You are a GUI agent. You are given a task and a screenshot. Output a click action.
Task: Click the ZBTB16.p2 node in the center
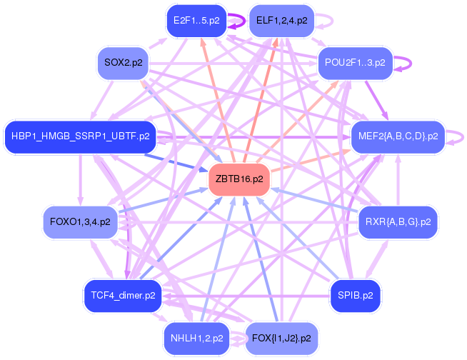238,179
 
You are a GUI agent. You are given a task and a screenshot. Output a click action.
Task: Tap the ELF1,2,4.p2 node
281,21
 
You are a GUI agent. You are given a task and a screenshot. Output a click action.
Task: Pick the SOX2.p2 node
123,63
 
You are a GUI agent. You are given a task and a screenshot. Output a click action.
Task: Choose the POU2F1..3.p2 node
355,63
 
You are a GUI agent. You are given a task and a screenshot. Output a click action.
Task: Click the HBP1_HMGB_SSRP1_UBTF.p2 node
80,135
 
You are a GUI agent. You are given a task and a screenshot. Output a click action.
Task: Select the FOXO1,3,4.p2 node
80,221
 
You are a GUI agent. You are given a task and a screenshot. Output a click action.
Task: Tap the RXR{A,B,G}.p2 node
397,221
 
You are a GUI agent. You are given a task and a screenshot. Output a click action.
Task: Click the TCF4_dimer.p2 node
119,294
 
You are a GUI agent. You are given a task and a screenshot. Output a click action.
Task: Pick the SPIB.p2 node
355,294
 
